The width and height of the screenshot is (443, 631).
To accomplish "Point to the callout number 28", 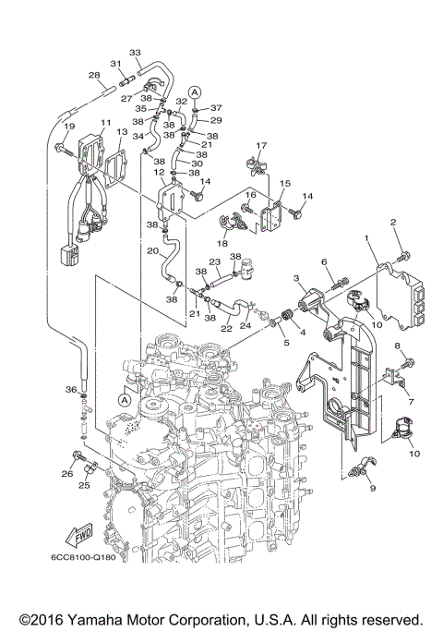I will [x=93, y=75].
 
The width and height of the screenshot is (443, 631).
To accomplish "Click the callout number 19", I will [x=67, y=126].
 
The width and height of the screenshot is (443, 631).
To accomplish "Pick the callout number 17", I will [x=261, y=145].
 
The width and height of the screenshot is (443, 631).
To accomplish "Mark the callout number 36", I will [x=70, y=390].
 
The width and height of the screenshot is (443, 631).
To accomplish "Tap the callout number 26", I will [x=66, y=474].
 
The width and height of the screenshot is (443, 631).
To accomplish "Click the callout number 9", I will [x=373, y=487].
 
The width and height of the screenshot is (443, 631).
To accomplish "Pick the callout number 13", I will [x=122, y=133].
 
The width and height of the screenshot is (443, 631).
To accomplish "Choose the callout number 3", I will [x=297, y=277].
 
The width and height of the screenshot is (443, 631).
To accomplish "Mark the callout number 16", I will [x=248, y=196].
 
